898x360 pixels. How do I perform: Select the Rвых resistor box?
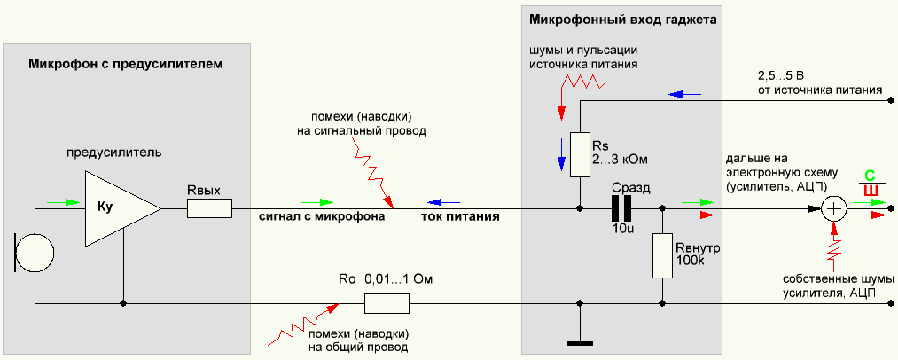point(209,208)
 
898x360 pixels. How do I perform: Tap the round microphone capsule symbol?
point(35,252)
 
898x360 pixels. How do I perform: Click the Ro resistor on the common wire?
point(387,304)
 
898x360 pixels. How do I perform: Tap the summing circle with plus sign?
point(833,209)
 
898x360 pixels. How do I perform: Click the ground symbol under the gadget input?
point(579,340)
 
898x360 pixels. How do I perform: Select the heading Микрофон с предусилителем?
point(123,64)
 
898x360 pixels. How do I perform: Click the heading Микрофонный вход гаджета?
point(621,19)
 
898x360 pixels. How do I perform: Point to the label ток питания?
point(459,216)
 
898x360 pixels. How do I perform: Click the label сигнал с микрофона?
point(321,216)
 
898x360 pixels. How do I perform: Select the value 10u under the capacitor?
point(623,230)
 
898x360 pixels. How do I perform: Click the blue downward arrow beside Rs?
point(560,151)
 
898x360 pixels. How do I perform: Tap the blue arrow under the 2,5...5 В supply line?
point(686,92)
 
